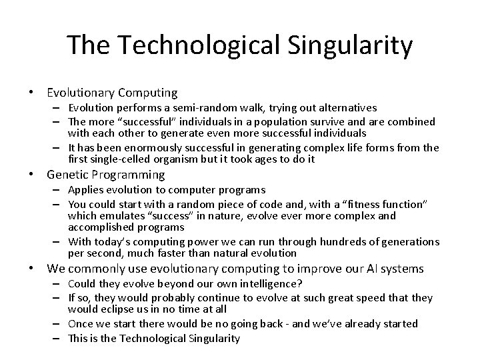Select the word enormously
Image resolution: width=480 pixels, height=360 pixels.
click(x=145, y=148)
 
